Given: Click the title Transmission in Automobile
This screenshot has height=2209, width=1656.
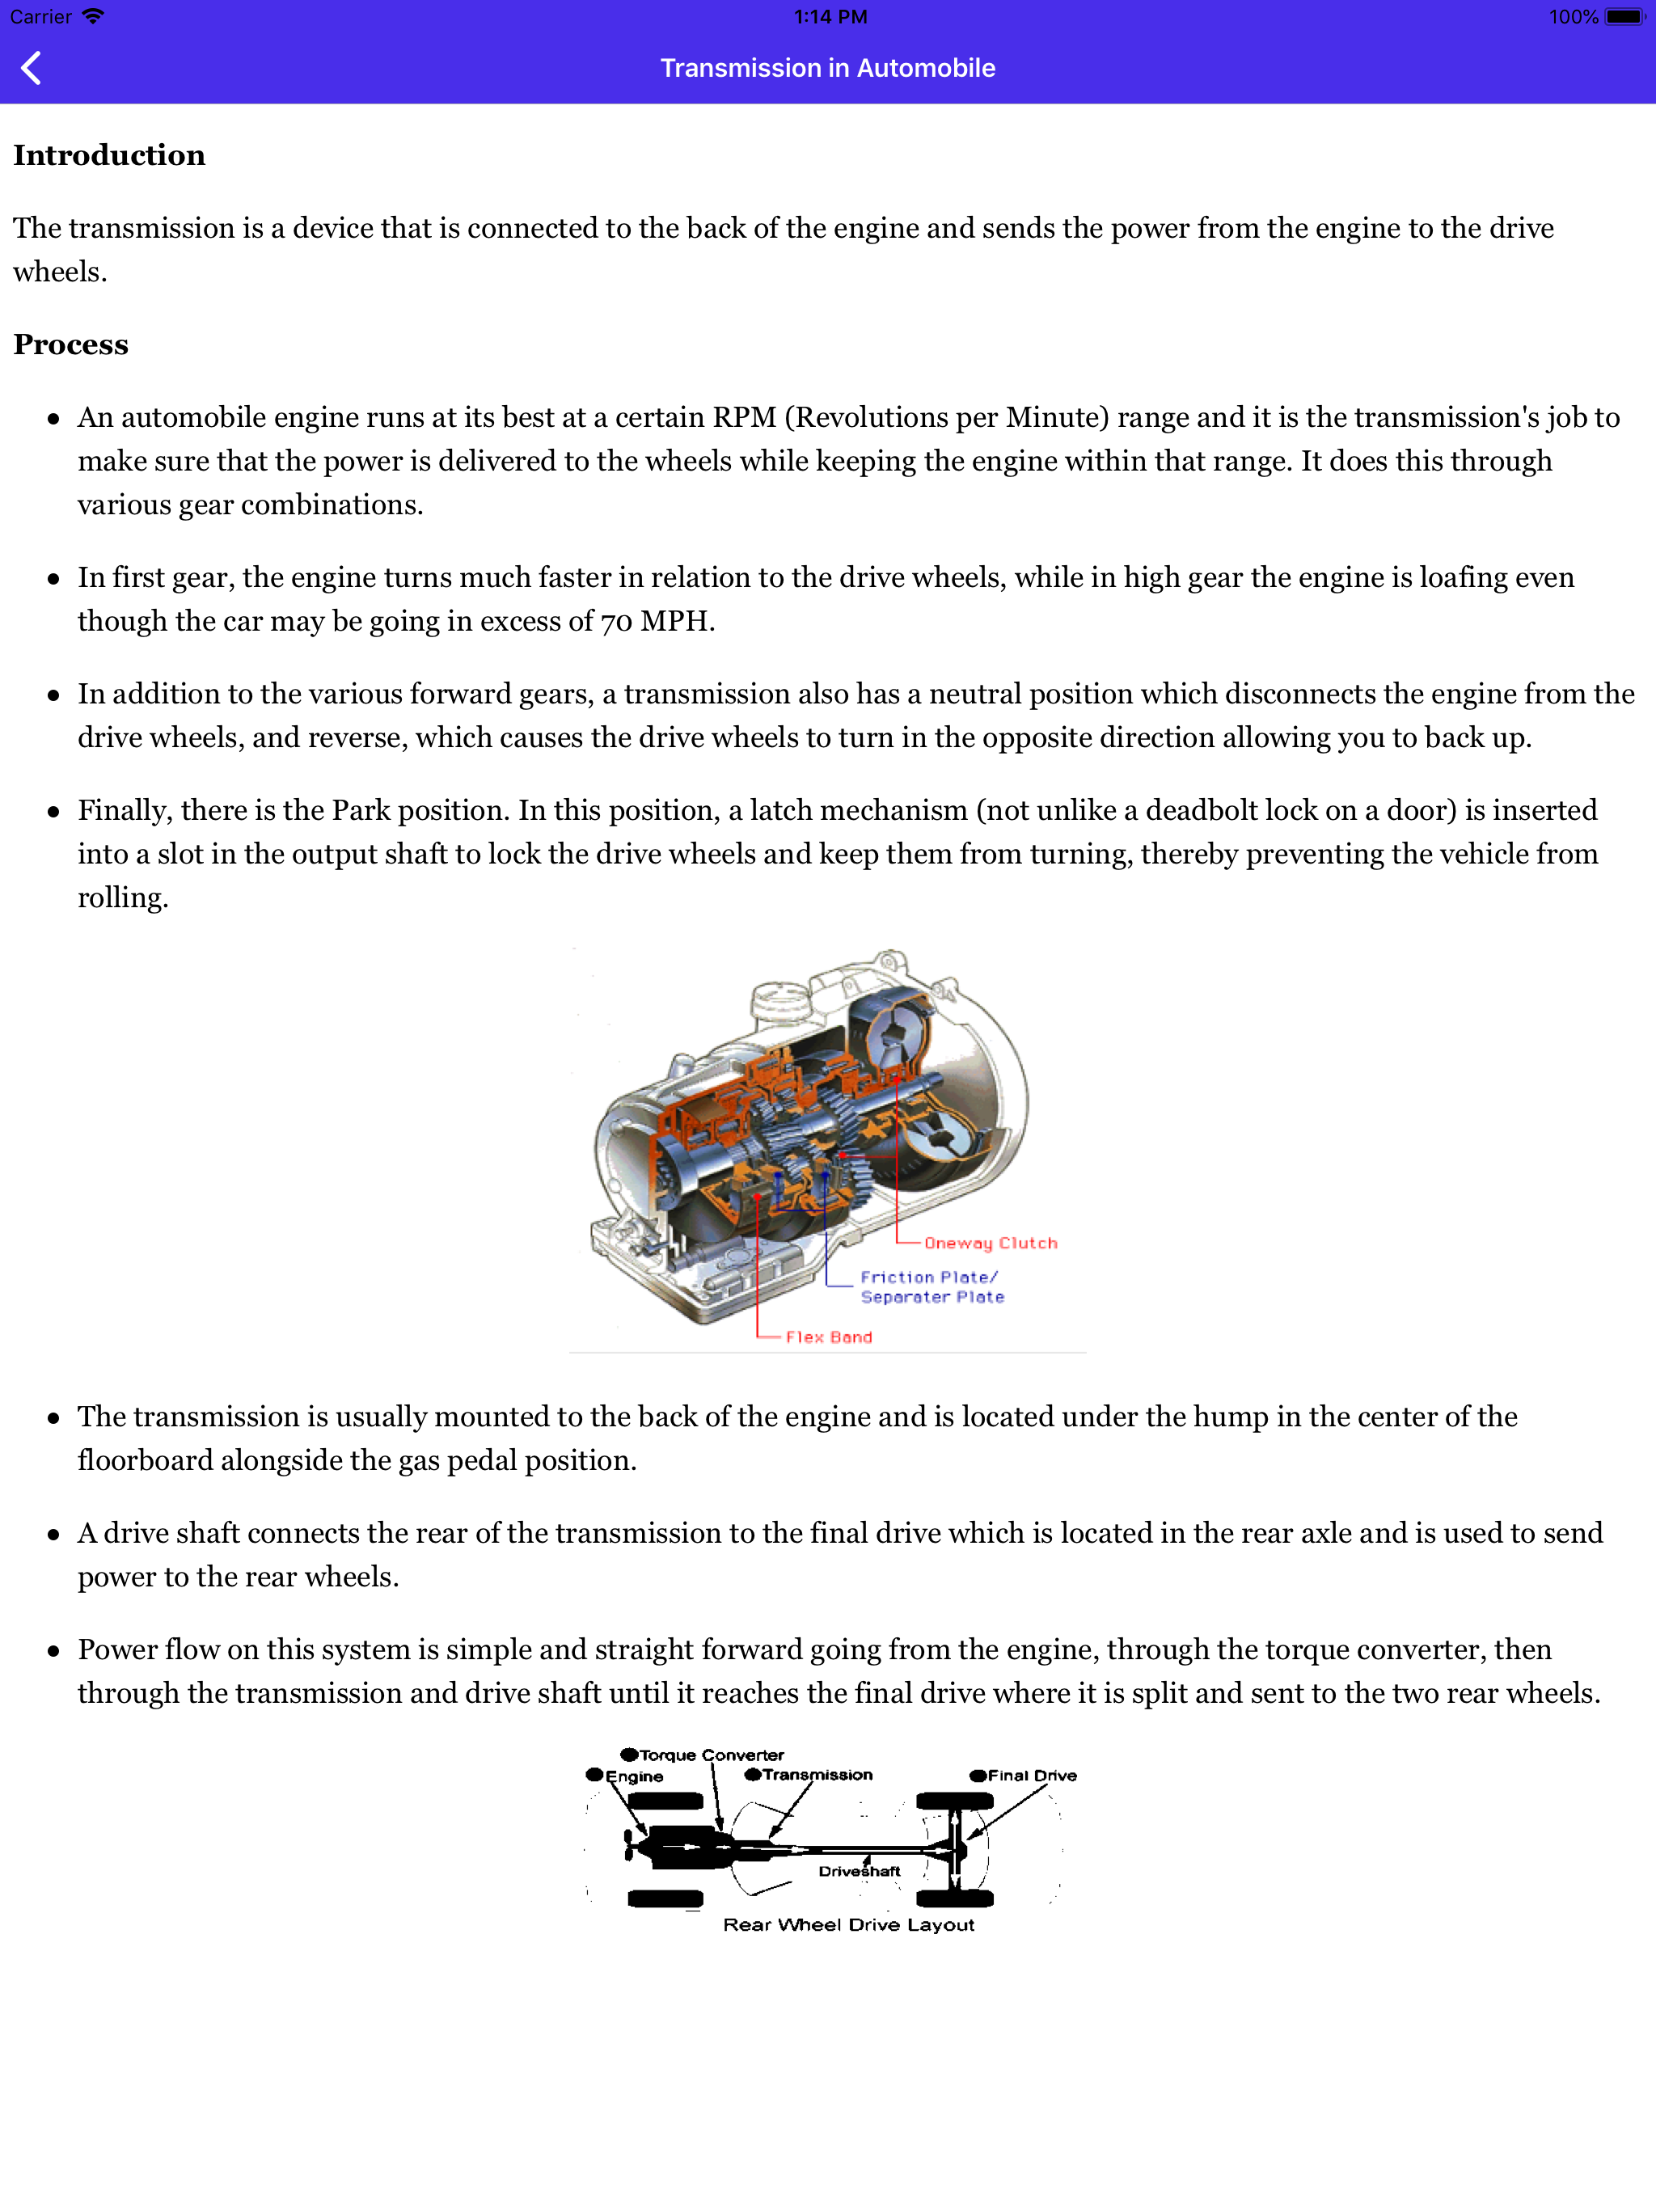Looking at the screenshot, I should (x=827, y=68).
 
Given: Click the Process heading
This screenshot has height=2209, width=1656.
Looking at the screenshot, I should (x=71, y=345).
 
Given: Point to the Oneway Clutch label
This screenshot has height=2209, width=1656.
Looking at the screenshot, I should (x=990, y=1244).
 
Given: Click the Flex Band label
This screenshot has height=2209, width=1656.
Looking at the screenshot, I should (x=828, y=1337).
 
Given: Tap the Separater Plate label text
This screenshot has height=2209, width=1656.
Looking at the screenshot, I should (x=931, y=1297).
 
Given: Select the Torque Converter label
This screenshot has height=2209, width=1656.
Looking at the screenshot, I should (x=711, y=1755).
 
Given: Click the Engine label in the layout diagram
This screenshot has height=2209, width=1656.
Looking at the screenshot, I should (x=633, y=1776).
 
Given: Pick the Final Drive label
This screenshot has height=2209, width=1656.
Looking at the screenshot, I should (x=1032, y=1775).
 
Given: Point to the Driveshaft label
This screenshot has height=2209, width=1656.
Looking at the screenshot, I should (x=859, y=1872).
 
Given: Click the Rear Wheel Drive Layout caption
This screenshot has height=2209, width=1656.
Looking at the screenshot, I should (x=848, y=1924).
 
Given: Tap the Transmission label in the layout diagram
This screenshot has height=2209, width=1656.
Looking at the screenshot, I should (x=817, y=1775).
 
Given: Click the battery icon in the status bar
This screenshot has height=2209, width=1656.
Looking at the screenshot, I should (x=1623, y=17).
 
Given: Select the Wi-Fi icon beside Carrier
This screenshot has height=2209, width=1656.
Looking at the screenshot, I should (x=93, y=17).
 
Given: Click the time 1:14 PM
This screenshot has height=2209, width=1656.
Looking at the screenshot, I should (x=830, y=17).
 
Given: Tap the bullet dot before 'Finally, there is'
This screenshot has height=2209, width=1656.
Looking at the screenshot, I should (x=54, y=812).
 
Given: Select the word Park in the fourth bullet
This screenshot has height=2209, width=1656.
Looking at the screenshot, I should (x=361, y=810).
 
